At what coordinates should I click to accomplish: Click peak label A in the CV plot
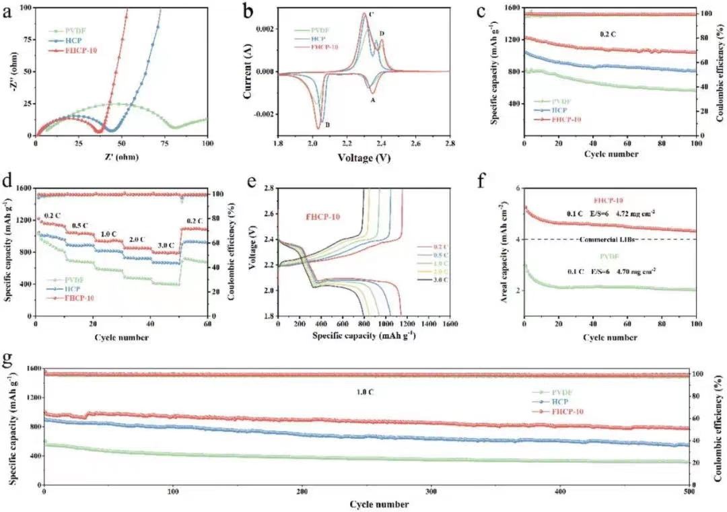pos(372,99)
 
